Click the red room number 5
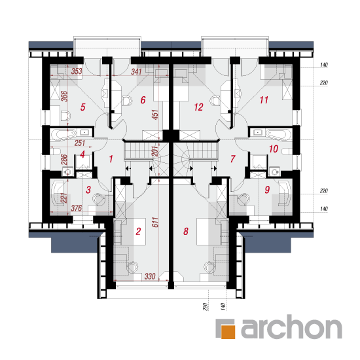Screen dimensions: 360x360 83,107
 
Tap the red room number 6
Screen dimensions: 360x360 143,100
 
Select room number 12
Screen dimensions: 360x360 198,107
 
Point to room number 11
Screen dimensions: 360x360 264,100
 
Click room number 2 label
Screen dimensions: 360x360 138,232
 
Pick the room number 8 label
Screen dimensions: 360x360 186,232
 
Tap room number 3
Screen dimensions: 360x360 88,190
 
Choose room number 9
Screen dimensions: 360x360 267,190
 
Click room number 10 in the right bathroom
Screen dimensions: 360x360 274,149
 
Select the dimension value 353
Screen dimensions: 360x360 77,71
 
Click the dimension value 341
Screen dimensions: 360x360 136,71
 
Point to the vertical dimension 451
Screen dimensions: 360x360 155,115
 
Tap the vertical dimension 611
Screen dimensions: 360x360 155,223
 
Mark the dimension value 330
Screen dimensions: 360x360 150,276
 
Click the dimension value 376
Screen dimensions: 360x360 76,208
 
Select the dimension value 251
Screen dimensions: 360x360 80,143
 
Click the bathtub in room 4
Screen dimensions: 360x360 63,134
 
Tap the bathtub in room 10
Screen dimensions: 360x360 279,134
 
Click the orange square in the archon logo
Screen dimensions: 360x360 228,331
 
